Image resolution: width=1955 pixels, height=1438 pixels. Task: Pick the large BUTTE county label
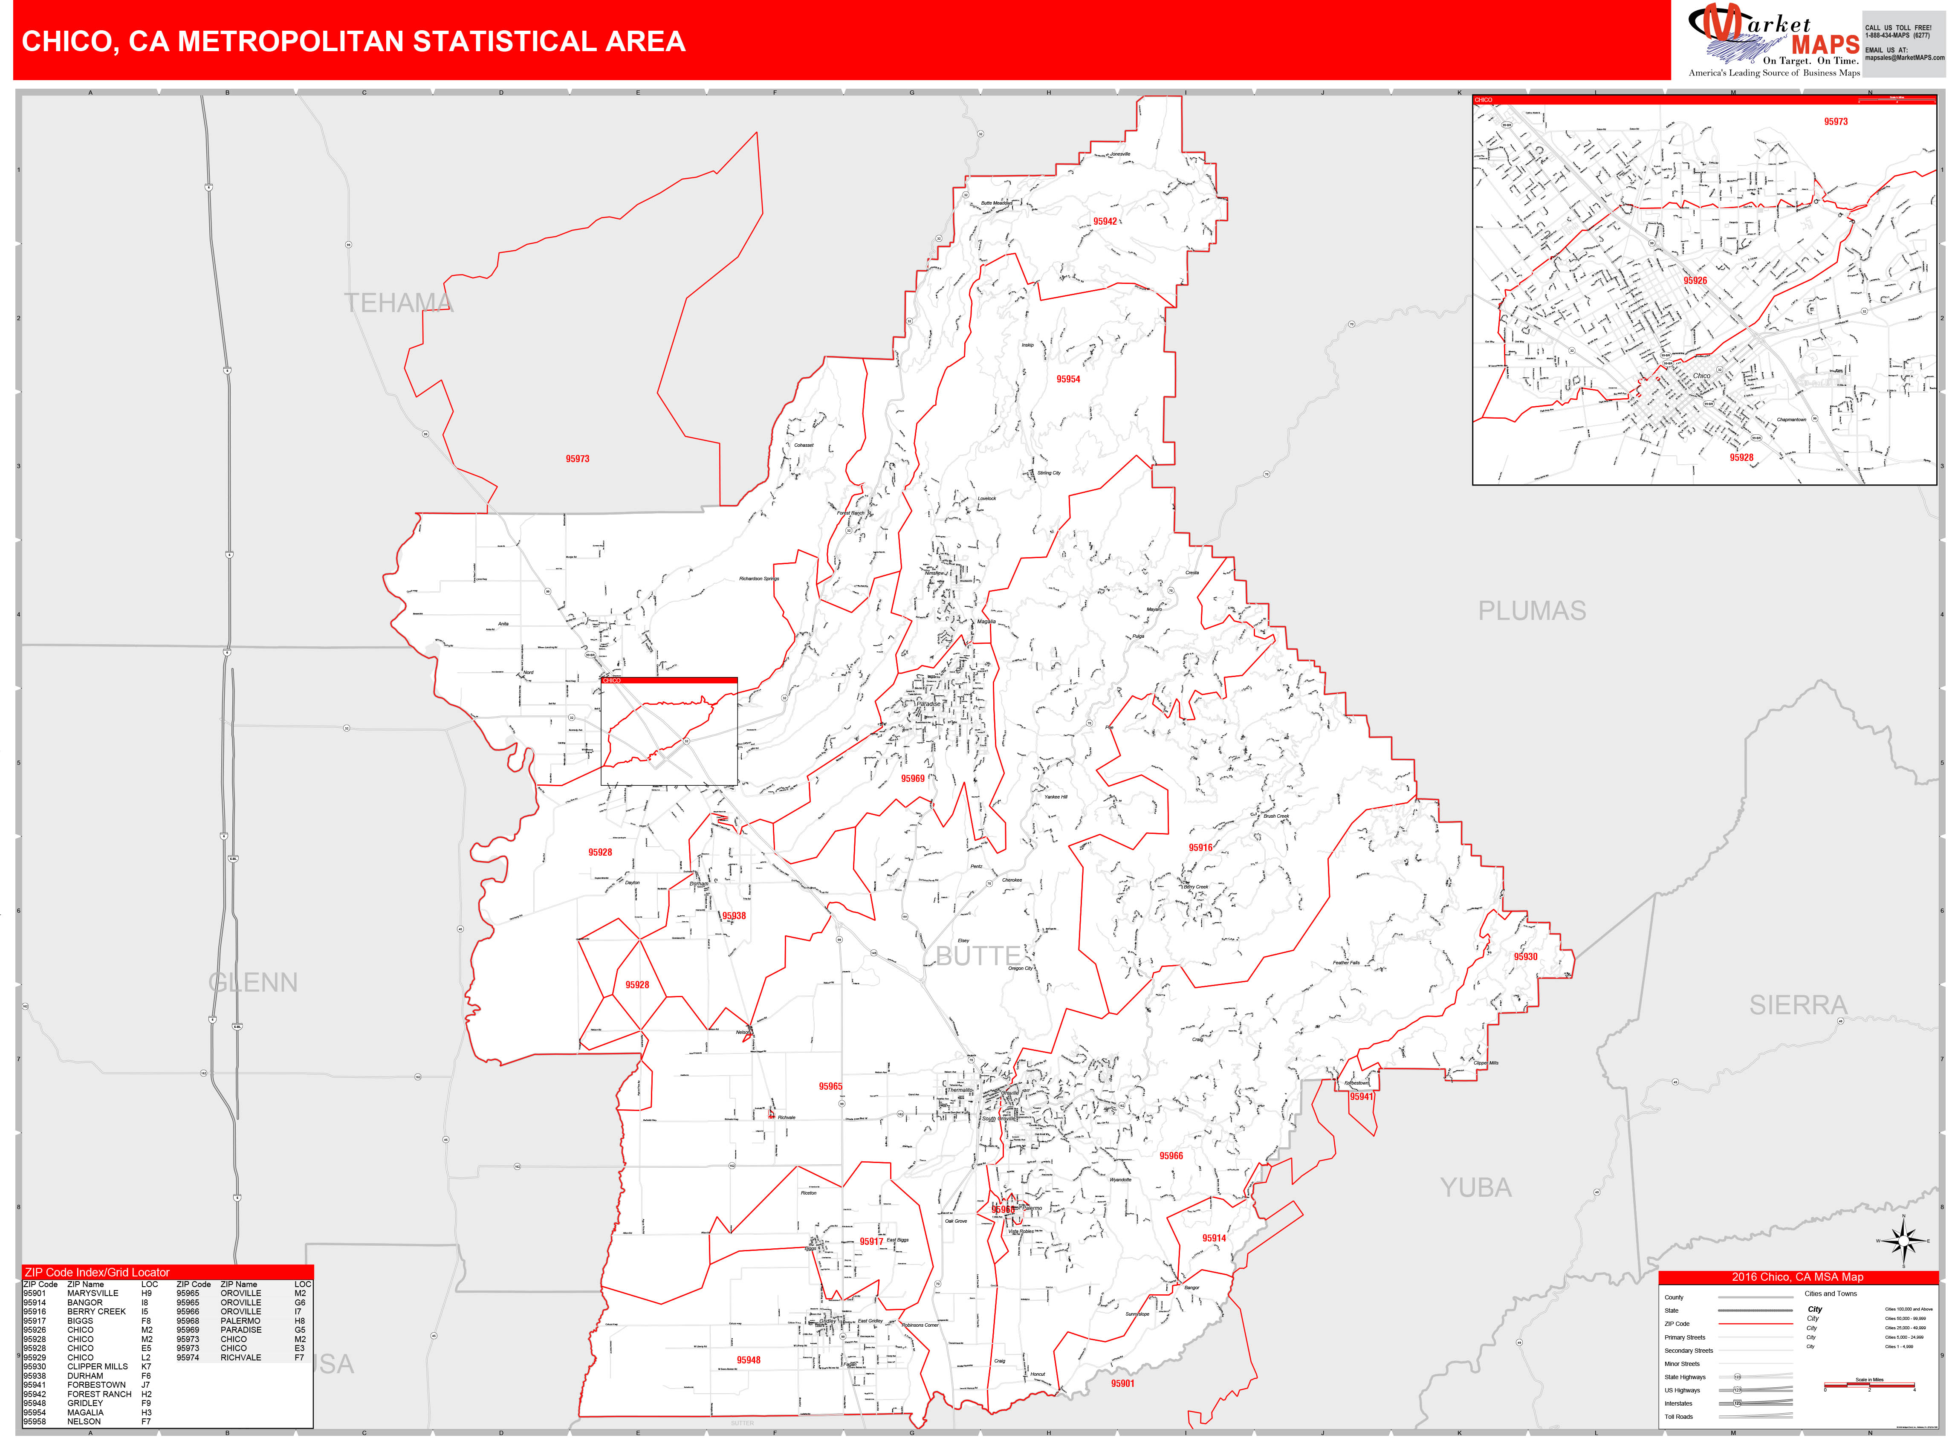(x=977, y=956)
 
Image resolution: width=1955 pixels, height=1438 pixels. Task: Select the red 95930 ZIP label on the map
(x=1525, y=957)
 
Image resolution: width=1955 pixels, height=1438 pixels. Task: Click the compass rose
(x=1904, y=1241)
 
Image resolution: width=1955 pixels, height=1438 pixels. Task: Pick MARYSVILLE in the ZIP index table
(x=92, y=1293)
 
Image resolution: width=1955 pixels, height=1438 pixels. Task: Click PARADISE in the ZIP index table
(x=240, y=1330)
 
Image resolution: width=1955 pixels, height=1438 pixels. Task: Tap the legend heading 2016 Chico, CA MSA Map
(x=1797, y=1277)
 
